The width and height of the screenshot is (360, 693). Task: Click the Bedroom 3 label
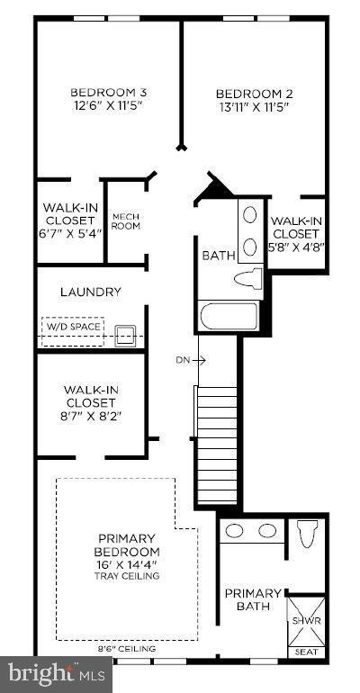(x=108, y=92)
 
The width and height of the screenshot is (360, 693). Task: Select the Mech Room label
(x=125, y=220)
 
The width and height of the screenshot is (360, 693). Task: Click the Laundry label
(x=90, y=292)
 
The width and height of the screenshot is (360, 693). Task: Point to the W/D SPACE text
(x=72, y=326)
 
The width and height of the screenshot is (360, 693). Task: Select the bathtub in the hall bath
(x=228, y=316)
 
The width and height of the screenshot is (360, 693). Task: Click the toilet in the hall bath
(x=247, y=277)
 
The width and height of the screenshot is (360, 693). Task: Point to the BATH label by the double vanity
(x=218, y=256)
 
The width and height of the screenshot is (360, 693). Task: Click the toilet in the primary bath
(x=306, y=535)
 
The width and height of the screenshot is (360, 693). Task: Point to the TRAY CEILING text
(x=128, y=577)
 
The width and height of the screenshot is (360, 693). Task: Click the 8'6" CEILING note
(x=126, y=648)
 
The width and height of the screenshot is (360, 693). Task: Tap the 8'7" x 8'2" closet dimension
(x=90, y=415)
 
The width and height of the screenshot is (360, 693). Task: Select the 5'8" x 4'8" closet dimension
(x=298, y=246)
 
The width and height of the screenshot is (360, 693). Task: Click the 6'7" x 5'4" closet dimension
(x=69, y=232)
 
